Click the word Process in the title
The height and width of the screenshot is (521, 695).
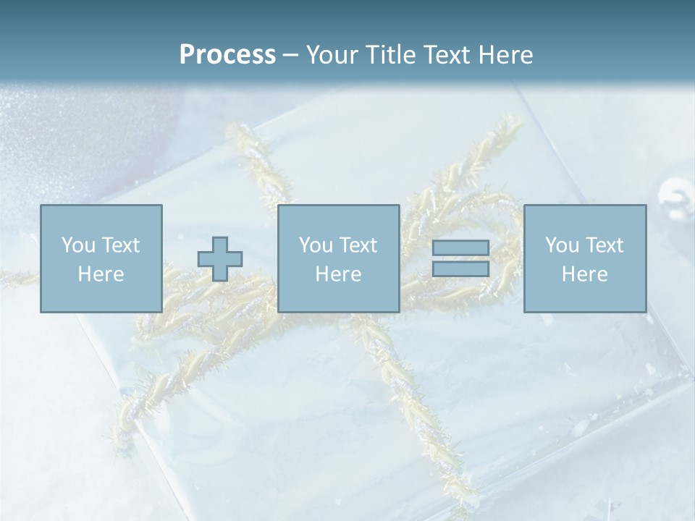click(x=227, y=55)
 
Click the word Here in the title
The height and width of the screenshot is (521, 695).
click(x=507, y=55)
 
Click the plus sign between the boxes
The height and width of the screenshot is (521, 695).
click(x=220, y=258)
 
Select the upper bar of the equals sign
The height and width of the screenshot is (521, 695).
click(x=460, y=248)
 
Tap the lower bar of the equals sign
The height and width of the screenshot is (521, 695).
click(x=460, y=268)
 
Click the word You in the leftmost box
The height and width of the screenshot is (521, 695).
click(x=78, y=245)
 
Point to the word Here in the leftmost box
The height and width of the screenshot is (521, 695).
click(x=101, y=274)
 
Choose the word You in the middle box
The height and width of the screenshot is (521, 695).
click(x=316, y=245)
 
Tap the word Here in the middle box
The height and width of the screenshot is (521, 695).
click(x=338, y=274)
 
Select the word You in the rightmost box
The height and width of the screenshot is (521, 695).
click(x=562, y=245)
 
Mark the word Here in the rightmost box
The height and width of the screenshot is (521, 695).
click(x=584, y=274)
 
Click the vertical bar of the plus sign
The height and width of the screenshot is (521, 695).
click(x=220, y=243)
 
